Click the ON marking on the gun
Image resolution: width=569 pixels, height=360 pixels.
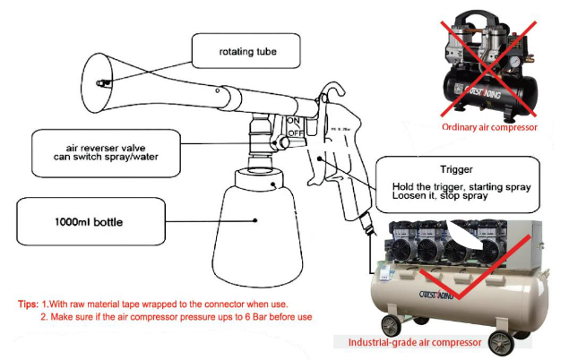[292, 121]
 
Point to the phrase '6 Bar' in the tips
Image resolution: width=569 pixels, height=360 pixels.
[231, 318]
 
